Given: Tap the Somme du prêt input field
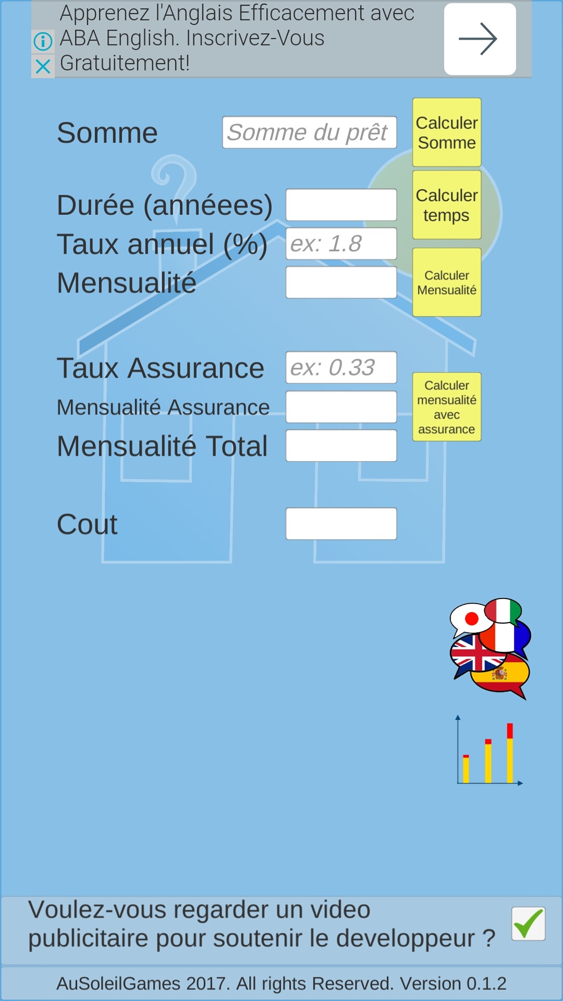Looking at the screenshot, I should tap(309, 132).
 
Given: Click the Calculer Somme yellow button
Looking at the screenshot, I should tap(447, 132).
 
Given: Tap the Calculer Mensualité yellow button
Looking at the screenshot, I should tap(447, 283).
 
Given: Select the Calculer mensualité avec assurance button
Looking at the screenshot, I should tap(447, 407).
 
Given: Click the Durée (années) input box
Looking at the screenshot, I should tap(341, 205).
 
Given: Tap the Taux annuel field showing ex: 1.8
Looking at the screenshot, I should tap(341, 243).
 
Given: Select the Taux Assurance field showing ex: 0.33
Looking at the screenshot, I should tap(341, 368).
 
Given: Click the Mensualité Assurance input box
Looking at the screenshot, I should tap(341, 407).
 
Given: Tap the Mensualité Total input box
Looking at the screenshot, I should tap(341, 446).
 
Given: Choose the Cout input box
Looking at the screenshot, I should tap(341, 523).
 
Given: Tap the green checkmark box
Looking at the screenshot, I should tap(528, 924).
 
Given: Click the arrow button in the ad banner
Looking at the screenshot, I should tap(480, 39).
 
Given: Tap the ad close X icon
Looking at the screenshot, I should tap(43, 66).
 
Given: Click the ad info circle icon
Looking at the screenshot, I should tap(43, 41).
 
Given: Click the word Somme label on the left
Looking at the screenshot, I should tap(107, 133).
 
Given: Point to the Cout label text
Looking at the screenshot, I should tap(87, 524).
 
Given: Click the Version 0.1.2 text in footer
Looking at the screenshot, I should tap(452, 983).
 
